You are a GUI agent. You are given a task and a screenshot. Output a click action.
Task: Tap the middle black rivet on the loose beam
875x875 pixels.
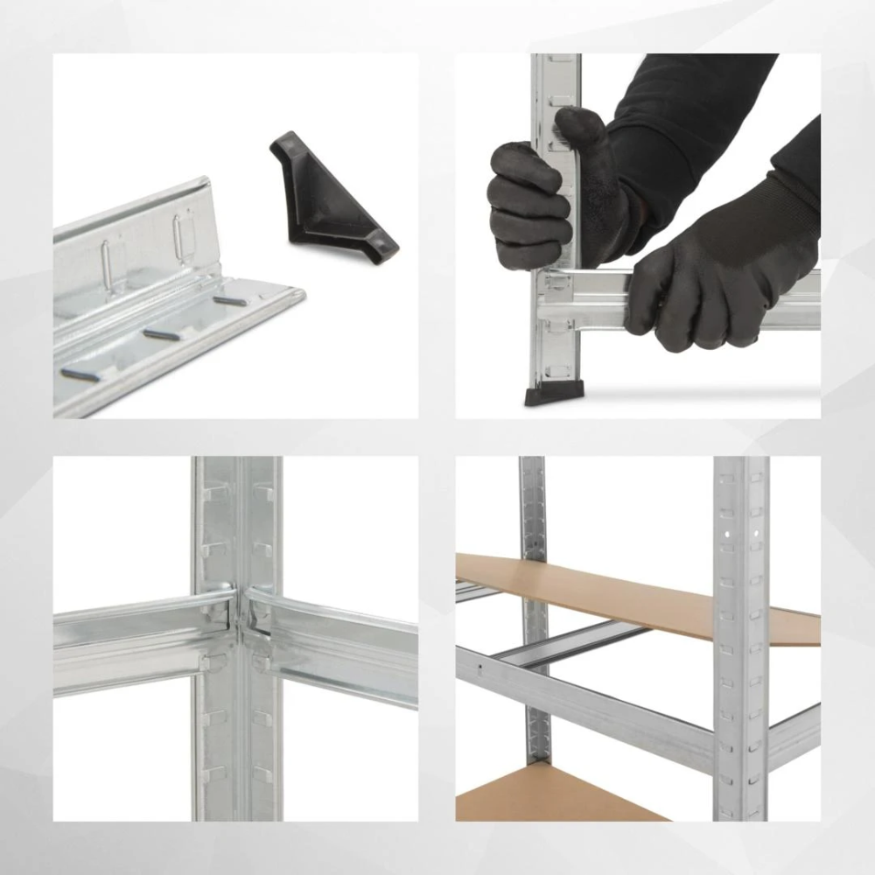163,334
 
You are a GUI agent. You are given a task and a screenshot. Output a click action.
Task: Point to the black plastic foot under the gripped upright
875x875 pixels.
546,395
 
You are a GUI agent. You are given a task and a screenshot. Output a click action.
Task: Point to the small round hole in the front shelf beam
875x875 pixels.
480,672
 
